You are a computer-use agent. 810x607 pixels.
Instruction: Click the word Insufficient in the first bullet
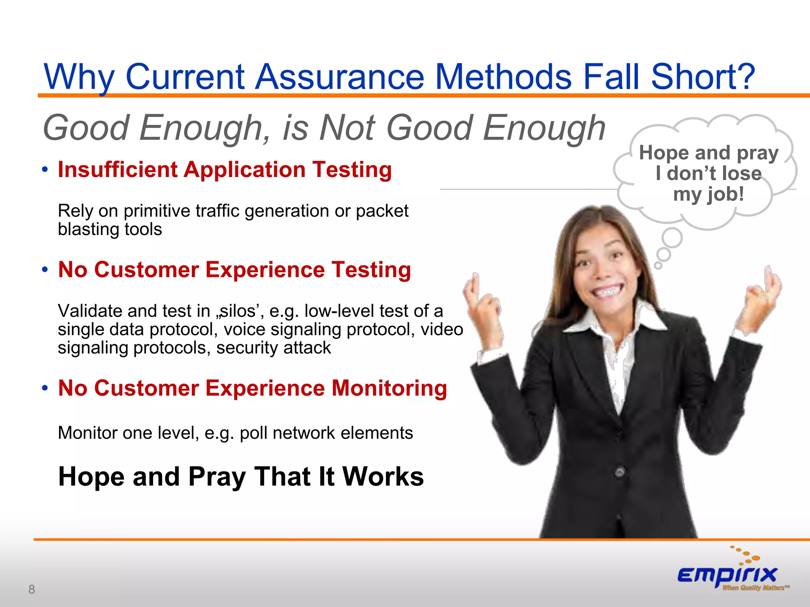117,170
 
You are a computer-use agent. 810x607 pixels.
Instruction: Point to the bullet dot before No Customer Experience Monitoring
45,388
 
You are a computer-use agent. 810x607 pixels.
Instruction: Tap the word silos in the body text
237,311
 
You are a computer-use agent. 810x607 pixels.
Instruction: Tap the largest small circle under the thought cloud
672,238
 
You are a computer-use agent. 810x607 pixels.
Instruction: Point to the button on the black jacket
620,472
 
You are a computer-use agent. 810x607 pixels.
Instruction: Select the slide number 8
32,589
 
